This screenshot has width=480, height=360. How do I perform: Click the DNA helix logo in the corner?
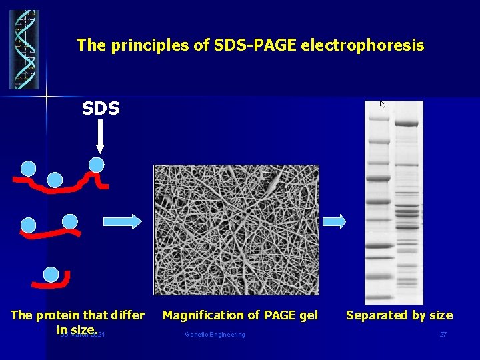(24, 49)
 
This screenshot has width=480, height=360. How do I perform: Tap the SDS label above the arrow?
(101, 108)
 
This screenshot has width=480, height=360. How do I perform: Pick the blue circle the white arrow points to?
(97, 164)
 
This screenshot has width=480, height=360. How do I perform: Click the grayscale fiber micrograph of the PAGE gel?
(236, 229)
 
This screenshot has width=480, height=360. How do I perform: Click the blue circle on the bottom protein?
(50, 274)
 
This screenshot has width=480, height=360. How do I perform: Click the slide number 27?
(443, 335)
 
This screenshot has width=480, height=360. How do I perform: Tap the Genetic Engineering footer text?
(215, 335)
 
